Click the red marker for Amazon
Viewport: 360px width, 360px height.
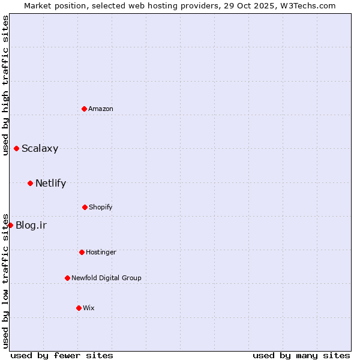tap(84, 109)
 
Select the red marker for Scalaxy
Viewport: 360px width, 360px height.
tap(16, 148)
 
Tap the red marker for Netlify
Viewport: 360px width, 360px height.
tap(30, 183)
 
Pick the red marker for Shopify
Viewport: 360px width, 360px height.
tap(85, 207)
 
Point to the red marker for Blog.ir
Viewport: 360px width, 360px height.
tap(10, 225)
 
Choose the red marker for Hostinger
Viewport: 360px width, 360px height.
tap(82, 252)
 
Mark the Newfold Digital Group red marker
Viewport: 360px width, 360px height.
tap(67, 278)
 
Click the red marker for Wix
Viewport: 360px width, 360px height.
tap(79, 308)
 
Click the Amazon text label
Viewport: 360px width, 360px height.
tap(101, 109)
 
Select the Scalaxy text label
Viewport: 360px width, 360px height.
tap(40, 149)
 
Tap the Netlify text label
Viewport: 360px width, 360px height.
tap(50, 184)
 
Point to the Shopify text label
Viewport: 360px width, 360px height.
tap(101, 207)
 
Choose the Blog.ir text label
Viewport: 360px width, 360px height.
tap(31, 226)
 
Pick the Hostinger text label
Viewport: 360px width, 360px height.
tap(101, 252)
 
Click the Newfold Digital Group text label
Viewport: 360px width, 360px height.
tap(106, 278)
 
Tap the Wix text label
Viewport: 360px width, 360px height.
tap(89, 308)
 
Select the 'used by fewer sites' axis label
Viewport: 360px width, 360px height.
tap(62, 355)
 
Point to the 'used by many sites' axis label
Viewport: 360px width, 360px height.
tap(301, 355)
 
